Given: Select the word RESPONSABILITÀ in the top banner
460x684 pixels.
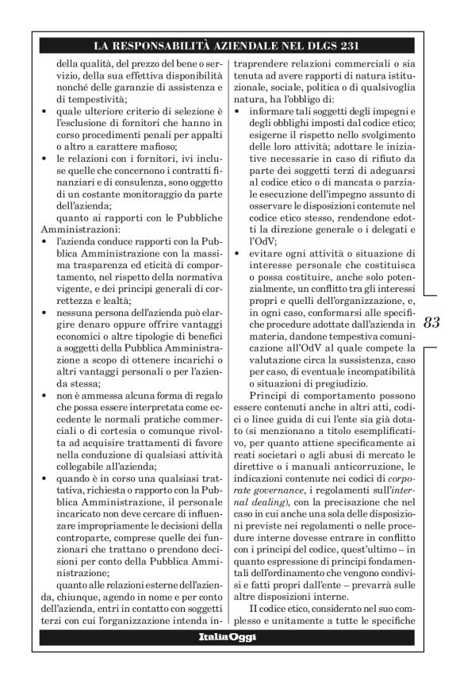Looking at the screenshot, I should [177, 44].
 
